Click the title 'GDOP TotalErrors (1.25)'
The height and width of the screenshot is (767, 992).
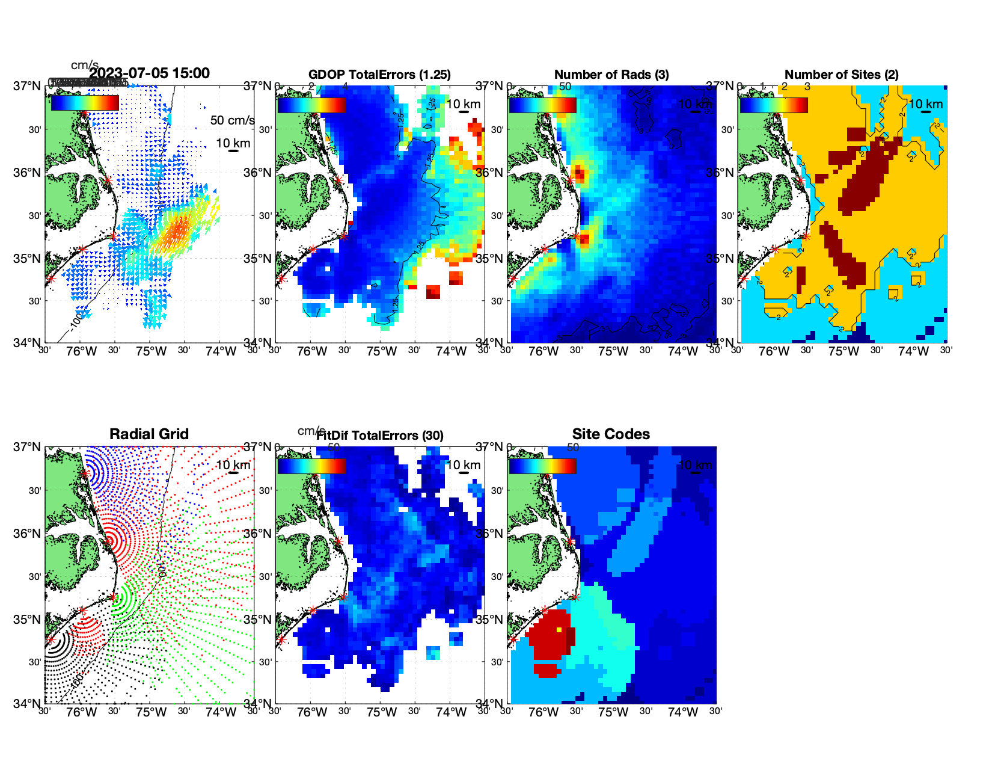point(379,75)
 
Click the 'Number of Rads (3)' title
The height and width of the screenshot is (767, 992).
point(611,75)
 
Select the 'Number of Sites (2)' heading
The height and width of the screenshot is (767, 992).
point(841,75)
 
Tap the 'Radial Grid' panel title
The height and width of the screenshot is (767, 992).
point(149,434)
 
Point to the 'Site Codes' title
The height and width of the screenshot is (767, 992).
point(611,434)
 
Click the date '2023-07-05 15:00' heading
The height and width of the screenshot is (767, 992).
point(149,73)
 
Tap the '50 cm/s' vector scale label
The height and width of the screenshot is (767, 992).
point(232,120)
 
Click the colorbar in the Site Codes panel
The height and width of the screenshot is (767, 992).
point(542,466)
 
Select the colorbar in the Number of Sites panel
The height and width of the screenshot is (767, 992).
point(774,105)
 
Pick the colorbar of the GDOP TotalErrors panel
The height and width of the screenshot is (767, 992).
point(311,105)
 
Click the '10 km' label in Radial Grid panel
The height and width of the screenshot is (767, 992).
point(233,465)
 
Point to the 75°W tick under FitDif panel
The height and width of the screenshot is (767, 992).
point(382,712)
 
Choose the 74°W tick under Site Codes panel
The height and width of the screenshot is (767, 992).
point(683,712)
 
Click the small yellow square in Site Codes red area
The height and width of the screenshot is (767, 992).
point(559,630)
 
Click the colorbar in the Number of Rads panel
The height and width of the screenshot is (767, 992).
point(542,105)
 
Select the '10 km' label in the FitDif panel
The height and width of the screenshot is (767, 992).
point(463,465)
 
